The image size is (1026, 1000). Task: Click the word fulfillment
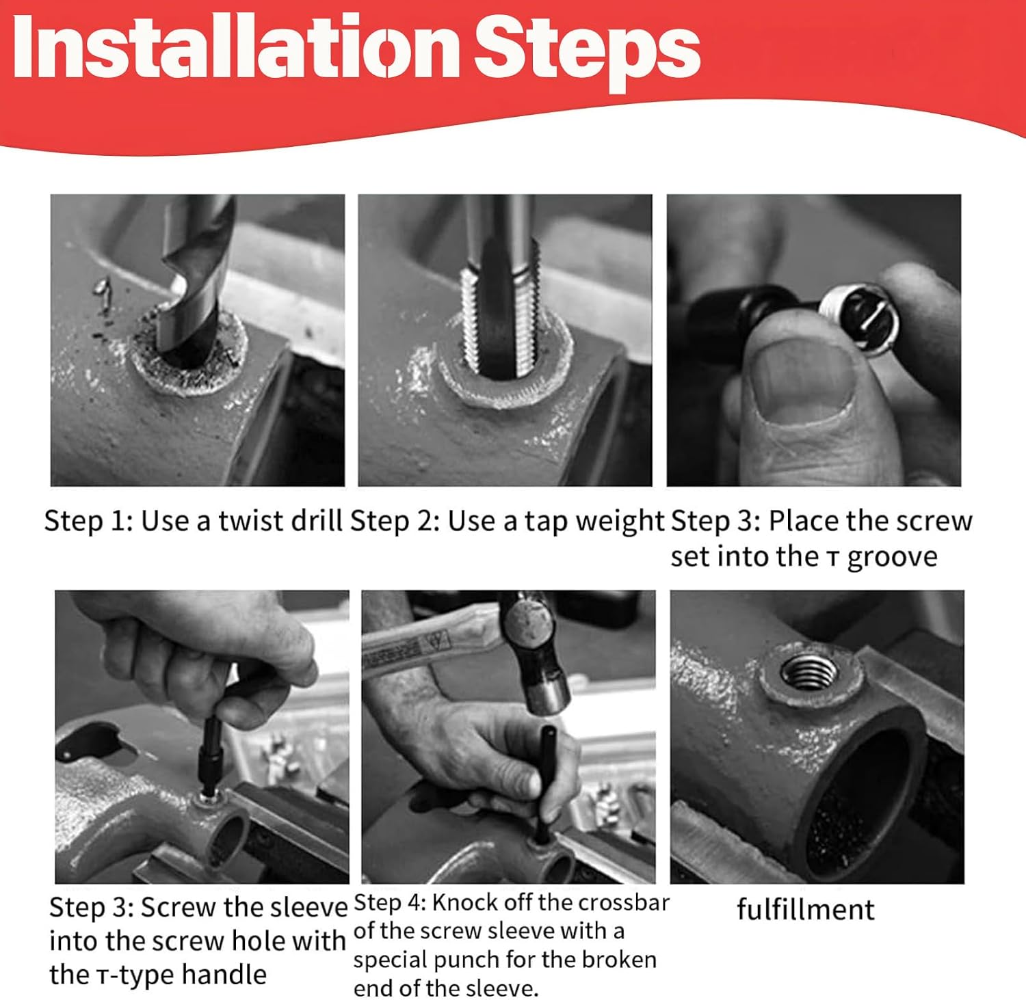pos(805,910)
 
